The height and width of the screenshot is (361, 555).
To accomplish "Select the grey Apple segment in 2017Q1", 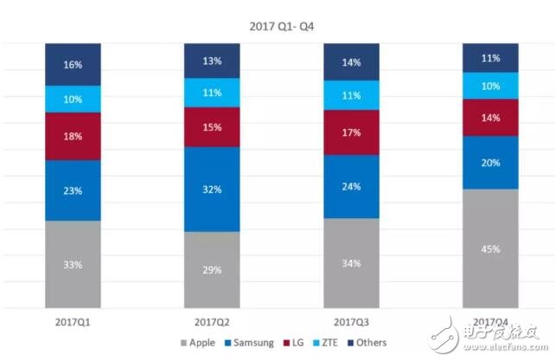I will click(x=73, y=264).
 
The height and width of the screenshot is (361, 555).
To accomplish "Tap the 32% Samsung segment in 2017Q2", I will click(x=212, y=189).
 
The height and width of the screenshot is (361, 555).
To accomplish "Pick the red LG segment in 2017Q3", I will click(x=351, y=132).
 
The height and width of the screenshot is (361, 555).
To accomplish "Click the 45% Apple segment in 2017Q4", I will click(x=490, y=248).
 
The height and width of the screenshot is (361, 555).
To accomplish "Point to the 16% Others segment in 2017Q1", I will click(x=73, y=65).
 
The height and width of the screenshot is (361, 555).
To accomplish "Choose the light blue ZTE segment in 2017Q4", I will click(x=490, y=86).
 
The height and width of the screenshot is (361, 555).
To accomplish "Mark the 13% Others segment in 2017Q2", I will click(x=212, y=61).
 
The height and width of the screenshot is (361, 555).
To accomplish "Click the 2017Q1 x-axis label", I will click(x=73, y=321).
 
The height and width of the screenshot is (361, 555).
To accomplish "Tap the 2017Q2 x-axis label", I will click(x=212, y=321).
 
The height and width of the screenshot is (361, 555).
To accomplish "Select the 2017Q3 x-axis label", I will click(x=351, y=321).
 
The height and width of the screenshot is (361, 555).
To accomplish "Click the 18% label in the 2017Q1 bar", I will click(x=73, y=137).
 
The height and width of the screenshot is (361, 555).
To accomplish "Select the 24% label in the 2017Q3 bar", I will click(x=351, y=186).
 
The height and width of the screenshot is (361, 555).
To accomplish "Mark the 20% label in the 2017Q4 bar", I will click(x=490, y=163).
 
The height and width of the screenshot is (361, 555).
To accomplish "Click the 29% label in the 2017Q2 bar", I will click(x=212, y=270).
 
